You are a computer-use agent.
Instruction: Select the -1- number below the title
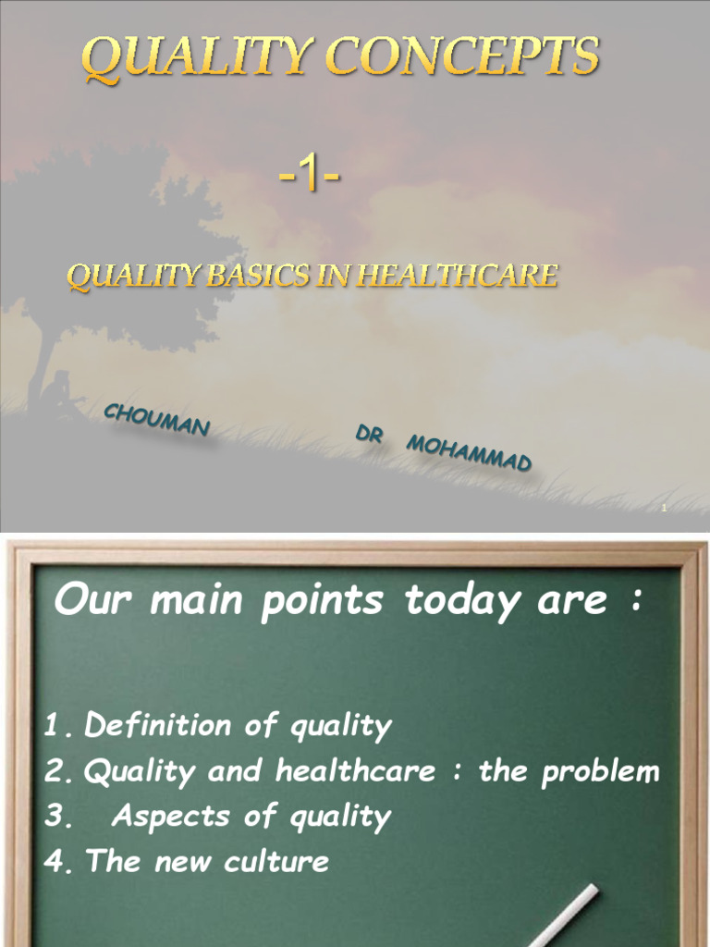[x=310, y=175]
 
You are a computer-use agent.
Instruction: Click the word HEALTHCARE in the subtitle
[x=465, y=276]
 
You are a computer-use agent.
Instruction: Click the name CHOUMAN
[x=156, y=420]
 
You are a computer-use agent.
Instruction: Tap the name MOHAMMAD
[x=469, y=452]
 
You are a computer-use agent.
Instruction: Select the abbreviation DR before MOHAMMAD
[x=369, y=434]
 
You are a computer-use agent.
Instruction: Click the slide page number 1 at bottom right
[x=664, y=508]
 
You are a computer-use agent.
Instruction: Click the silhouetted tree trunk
[x=39, y=361]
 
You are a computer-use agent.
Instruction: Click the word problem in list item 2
[x=601, y=771]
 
